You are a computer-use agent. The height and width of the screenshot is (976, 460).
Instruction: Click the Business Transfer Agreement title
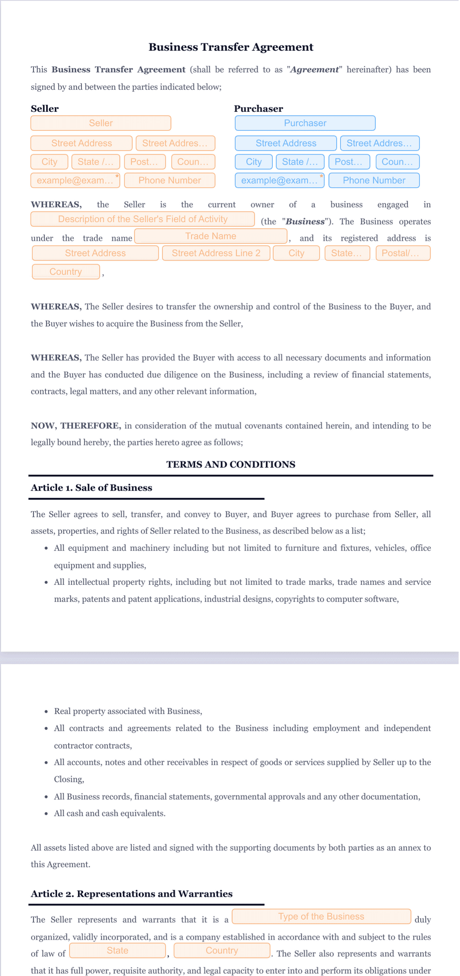coord(230,47)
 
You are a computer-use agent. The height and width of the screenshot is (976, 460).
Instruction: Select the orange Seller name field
coord(100,123)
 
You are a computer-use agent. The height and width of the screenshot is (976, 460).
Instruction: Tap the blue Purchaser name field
coord(305,123)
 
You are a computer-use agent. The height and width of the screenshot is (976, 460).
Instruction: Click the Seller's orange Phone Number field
coord(170,181)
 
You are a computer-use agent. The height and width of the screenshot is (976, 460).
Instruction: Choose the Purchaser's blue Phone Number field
coord(374,181)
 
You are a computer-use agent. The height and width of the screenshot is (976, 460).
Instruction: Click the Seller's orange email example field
coord(75,181)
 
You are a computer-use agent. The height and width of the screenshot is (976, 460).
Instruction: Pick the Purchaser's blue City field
coord(253,162)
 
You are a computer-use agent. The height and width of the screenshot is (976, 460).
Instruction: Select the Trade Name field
coord(211,237)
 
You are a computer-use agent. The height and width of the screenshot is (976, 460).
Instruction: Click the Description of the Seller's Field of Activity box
coord(142,219)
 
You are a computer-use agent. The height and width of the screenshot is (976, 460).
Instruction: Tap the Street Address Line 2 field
coord(216,253)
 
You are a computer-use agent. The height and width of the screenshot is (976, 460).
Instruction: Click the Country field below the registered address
coord(66,272)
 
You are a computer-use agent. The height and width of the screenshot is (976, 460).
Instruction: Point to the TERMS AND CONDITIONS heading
coord(230,465)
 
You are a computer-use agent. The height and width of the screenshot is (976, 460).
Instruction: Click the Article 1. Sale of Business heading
coord(91,488)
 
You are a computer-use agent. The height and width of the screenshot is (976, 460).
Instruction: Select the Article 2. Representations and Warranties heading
coord(131,894)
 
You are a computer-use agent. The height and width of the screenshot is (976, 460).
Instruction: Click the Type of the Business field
coord(321,917)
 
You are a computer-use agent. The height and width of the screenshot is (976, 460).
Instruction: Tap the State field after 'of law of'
coord(117,950)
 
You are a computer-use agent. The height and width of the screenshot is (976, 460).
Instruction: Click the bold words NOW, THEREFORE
coord(75,426)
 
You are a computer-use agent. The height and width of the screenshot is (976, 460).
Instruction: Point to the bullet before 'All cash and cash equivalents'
coord(46,813)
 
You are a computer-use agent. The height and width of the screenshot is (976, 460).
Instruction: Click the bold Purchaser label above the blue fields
coord(258,109)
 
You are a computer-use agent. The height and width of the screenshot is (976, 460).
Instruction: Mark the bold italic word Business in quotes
coord(305,222)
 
